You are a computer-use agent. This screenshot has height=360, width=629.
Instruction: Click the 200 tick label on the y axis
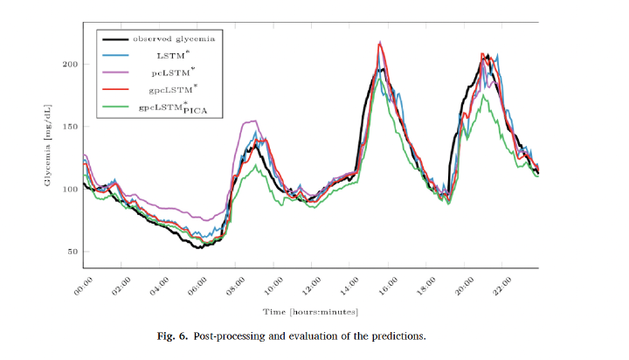70,64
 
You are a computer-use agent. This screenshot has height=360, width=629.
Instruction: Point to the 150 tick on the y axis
70,127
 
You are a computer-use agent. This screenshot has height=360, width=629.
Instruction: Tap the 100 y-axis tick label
70,189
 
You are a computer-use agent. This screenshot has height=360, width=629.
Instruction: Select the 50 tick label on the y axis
73,252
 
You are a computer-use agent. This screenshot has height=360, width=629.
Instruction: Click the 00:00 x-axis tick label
83,286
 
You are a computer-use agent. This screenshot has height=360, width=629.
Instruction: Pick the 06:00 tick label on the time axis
197,286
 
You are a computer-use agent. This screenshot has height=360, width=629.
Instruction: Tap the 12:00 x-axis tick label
312,286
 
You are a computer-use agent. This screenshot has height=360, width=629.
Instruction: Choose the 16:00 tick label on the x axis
388,286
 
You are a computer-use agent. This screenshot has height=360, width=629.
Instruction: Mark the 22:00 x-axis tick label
502,286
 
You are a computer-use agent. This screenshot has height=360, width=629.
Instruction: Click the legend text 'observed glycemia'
174,39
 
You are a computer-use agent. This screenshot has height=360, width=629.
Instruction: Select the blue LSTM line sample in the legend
115,55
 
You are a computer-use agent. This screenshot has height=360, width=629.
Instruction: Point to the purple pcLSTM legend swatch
115,73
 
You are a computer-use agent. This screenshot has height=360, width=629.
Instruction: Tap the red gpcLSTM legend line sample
115,89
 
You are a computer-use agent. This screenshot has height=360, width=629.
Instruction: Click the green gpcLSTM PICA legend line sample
115,107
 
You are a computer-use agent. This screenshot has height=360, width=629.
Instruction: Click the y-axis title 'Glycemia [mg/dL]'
48,145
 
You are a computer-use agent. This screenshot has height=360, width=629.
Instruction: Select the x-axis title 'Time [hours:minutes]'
310,312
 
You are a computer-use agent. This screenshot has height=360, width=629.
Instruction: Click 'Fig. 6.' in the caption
172,336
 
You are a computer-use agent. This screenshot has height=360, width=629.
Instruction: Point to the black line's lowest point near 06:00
199,247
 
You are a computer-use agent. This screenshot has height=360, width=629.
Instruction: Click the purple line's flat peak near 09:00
250,121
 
